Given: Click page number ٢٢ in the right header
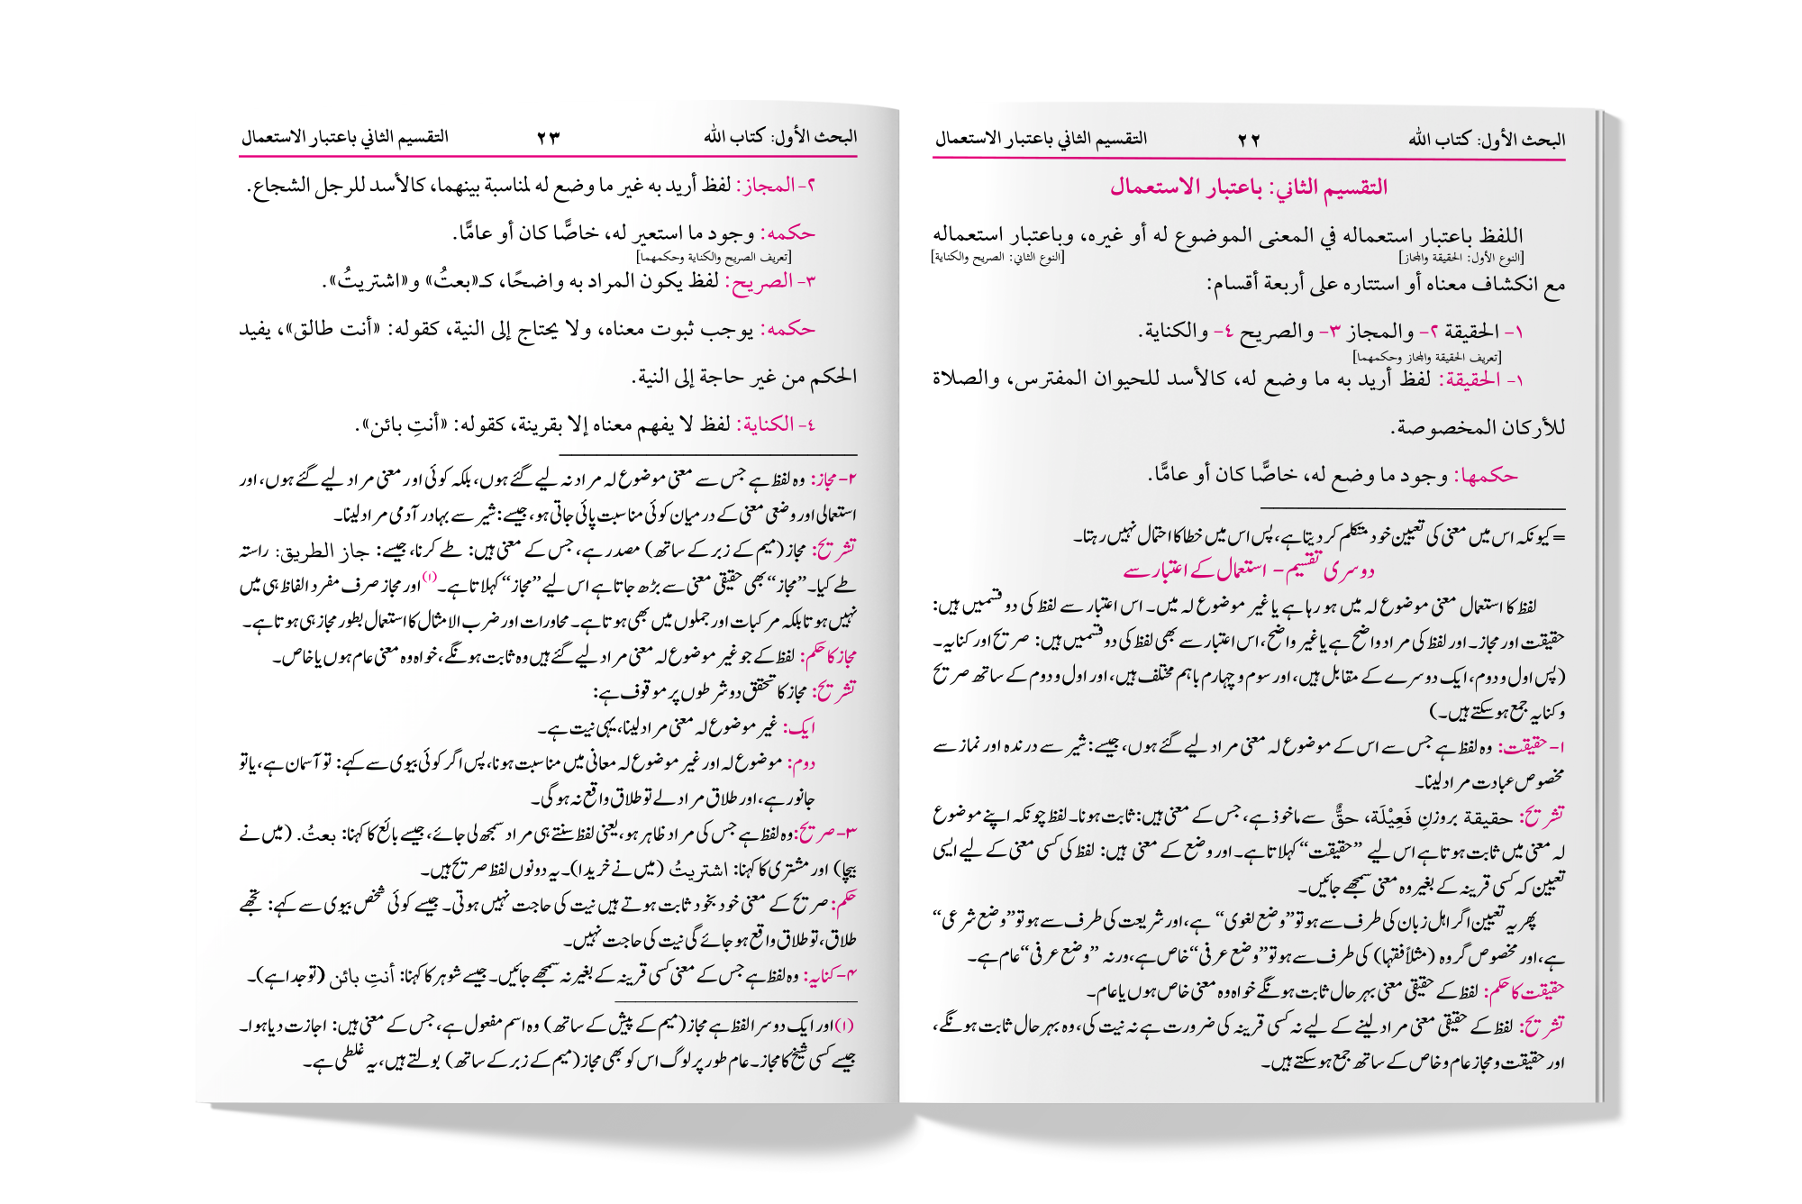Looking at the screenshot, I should tap(1249, 140).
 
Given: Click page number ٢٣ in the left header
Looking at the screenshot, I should tap(549, 137).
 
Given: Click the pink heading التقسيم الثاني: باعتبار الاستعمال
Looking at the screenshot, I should tap(1249, 187).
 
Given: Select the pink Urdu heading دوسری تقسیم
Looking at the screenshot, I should tap(1250, 570).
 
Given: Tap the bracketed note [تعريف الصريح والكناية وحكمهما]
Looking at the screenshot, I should tap(714, 258).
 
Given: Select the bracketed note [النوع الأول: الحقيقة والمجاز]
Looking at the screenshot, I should tap(1461, 258).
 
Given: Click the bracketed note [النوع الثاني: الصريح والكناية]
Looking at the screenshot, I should tap(997, 258).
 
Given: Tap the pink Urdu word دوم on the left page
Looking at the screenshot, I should tap(801, 763).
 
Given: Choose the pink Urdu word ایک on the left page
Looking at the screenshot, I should tap(800, 727).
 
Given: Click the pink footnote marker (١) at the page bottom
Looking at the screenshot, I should tap(844, 1026).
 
